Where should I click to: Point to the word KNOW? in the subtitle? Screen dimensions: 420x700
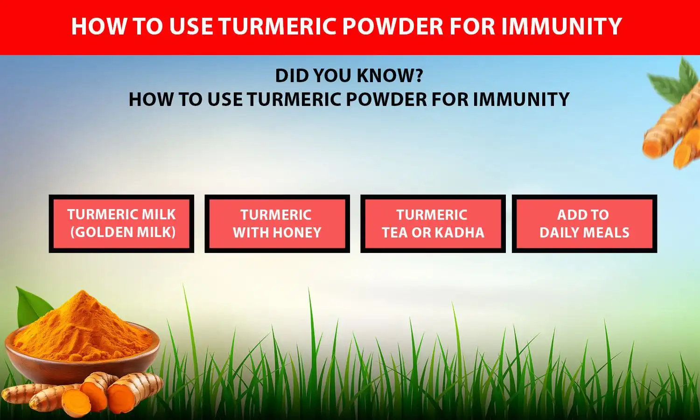(x=392, y=76)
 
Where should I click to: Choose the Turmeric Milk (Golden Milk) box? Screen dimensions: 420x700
(x=121, y=224)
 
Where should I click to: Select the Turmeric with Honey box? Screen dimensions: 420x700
(x=277, y=224)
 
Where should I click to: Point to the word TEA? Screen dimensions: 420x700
(x=395, y=232)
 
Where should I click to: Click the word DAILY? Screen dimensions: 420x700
(x=559, y=232)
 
